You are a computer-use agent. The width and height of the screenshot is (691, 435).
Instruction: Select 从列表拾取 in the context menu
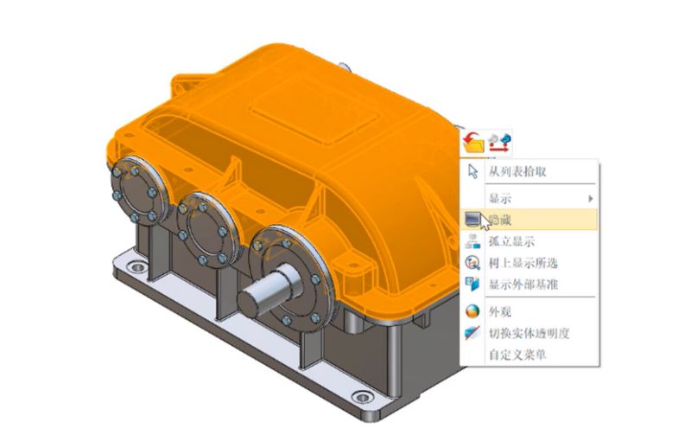click(517, 171)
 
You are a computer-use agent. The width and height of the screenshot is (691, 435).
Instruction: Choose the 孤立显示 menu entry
click(511, 241)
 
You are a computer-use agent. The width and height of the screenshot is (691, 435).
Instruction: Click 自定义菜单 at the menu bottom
click(517, 355)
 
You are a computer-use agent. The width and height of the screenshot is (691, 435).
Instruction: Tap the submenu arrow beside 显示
click(590, 199)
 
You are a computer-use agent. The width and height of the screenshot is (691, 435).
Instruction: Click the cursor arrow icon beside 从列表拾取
click(472, 171)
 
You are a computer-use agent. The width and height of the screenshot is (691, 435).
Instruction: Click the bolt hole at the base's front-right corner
click(364, 398)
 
